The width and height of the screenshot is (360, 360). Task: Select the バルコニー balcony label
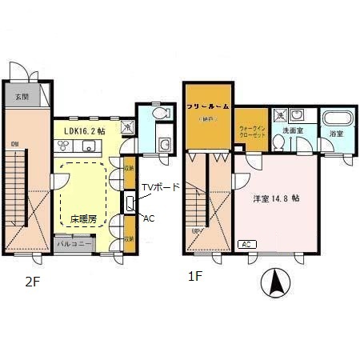[72, 242]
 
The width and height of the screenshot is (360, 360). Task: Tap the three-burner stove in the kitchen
[62, 145]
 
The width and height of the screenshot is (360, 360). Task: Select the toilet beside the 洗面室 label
[278, 142]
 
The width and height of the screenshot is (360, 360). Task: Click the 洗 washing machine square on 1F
[279, 114]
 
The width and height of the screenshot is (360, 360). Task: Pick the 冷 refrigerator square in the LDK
[127, 125]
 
